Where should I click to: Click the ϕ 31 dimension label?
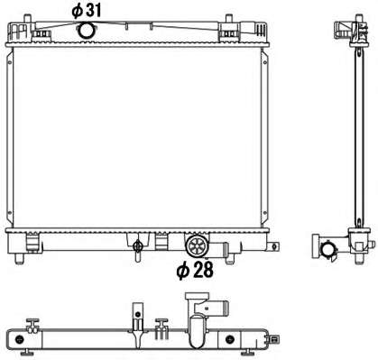[87, 11]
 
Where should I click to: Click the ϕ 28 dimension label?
[195, 270]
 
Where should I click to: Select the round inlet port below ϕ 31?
[87, 31]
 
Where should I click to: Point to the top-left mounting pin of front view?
[28, 18]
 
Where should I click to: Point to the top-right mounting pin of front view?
[229, 19]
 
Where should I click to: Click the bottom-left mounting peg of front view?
[19, 258]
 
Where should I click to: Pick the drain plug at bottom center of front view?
[138, 249]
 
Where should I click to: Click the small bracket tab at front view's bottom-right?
[273, 246]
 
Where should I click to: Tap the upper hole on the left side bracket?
[10, 62]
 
